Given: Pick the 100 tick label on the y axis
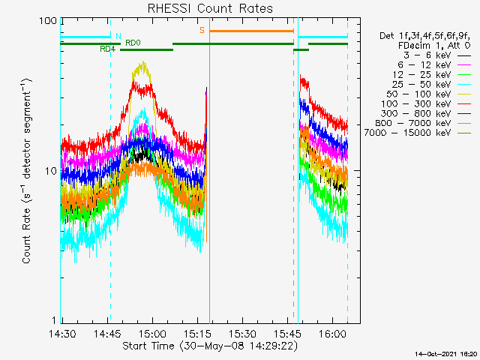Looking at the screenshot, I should click(x=48, y=21).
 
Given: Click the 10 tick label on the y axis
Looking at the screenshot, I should click(x=51, y=171).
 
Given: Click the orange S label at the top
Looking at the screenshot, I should click(x=202, y=31).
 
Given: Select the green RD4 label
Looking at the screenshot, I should click(x=108, y=49).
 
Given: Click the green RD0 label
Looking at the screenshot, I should click(x=133, y=43).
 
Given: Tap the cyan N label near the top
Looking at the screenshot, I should click(x=117, y=36).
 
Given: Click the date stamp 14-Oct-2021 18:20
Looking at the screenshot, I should click(x=446, y=352).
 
